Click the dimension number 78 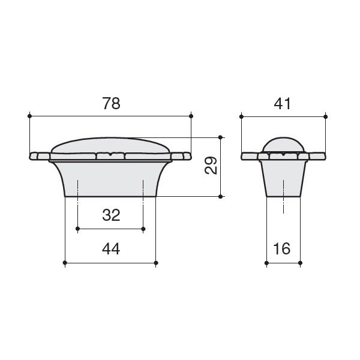pyautogui.click(x=111, y=104)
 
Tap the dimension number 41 pyautogui.click(x=283, y=104)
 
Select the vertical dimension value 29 pyautogui.click(x=211, y=166)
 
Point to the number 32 pyautogui.click(x=111, y=215)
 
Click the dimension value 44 pyautogui.click(x=111, y=249)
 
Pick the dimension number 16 pyautogui.click(x=282, y=248)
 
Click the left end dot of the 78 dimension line pyautogui.click(x=29, y=116)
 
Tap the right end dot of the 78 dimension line pyautogui.click(x=191, y=116)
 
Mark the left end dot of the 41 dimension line pyautogui.click(x=241, y=116)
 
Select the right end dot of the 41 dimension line pyautogui.click(x=325, y=116)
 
